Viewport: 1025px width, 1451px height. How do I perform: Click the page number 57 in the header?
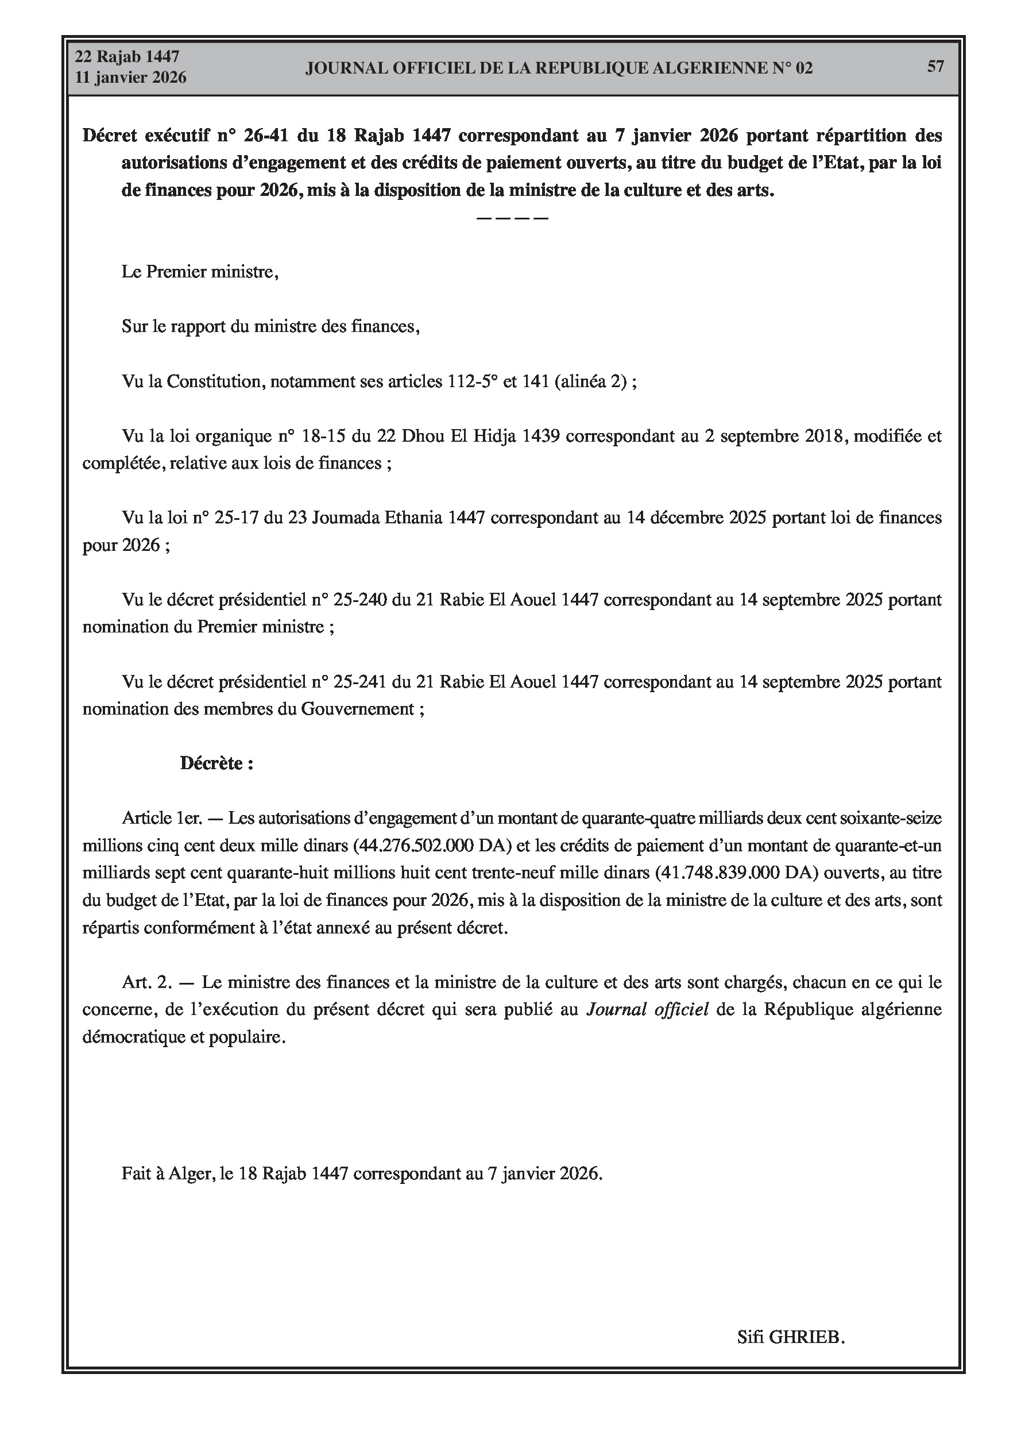coord(935,67)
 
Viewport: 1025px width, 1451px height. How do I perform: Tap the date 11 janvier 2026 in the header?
coord(131,78)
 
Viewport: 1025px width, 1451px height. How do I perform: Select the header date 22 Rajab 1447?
coord(127,57)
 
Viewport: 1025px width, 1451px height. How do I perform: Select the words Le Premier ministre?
coord(200,272)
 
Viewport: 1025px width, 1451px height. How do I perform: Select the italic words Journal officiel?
coord(648,1009)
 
